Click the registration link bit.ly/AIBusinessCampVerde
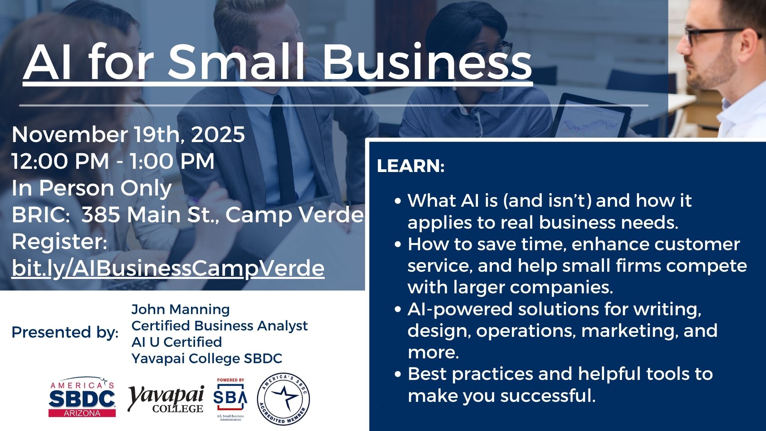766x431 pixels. click(168, 268)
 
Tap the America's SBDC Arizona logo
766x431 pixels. click(82, 397)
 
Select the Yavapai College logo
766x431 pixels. click(166, 399)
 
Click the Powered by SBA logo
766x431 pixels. click(230, 399)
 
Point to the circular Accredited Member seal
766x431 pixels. click(283, 399)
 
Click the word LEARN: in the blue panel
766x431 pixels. click(411, 166)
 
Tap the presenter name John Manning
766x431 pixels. click(180, 309)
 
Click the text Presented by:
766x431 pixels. click(65, 332)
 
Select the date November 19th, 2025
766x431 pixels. click(128, 134)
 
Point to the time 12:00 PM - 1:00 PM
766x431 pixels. click(113, 161)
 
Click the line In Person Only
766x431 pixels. click(92, 188)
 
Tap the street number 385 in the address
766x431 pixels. click(101, 215)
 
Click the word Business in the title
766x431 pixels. click(427, 63)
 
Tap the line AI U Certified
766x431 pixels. click(176, 342)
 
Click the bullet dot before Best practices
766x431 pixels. click(397, 374)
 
